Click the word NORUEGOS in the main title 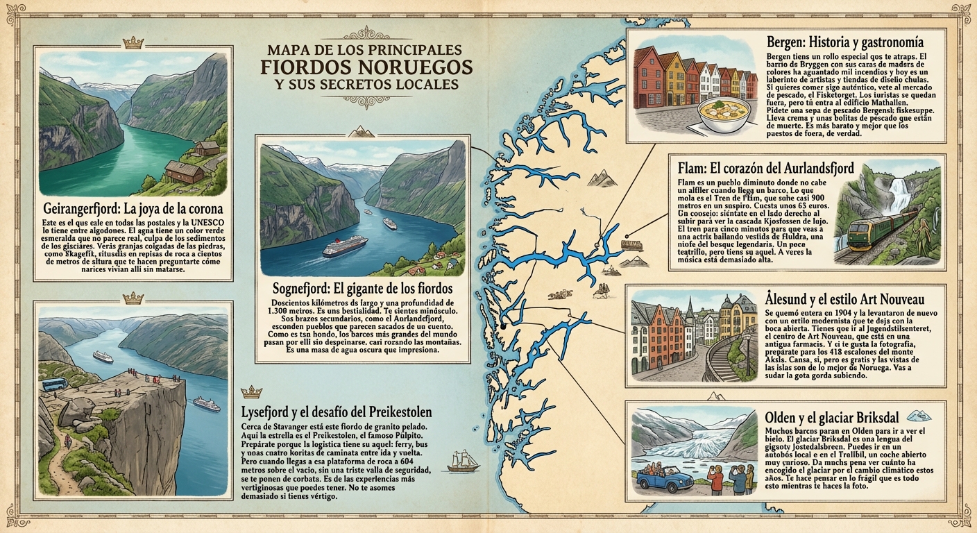(418, 67)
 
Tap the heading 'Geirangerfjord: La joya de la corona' (133, 209)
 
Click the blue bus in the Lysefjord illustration (54, 384)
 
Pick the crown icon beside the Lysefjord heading (247, 393)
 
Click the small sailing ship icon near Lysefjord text (462, 460)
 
